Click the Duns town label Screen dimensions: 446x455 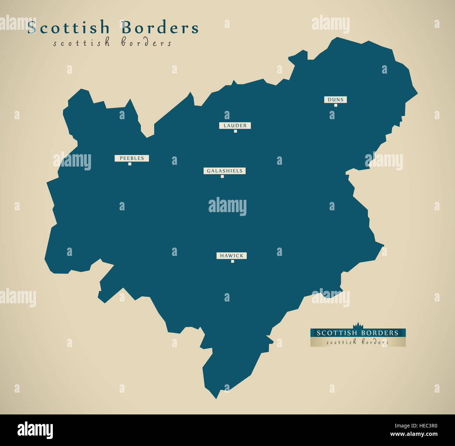[x=335, y=100]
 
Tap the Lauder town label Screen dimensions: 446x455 [x=235, y=126]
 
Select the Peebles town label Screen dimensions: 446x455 [x=132, y=158]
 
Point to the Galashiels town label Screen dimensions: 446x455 [x=224, y=171]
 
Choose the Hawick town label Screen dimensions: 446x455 [x=231, y=256]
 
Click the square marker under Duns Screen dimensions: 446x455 [x=335, y=105]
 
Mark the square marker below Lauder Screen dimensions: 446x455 [x=235, y=131]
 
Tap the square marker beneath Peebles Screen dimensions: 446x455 [x=129, y=164]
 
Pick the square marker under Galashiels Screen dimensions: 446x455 [x=222, y=176]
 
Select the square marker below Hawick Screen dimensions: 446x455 [x=232, y=261]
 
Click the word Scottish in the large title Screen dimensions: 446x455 [x=69, y=28]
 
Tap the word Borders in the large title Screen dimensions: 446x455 [x=160, y=28]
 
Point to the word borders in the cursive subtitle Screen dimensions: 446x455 [x=146, y=43]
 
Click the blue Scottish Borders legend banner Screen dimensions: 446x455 [x=358, y=333]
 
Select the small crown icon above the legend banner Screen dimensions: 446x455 [x=358, y=325]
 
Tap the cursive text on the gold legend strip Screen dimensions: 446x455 [x=358, y=342]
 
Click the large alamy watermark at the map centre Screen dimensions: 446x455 [x=227, y=207]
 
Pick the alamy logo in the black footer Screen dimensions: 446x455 [x=35, y=430]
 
